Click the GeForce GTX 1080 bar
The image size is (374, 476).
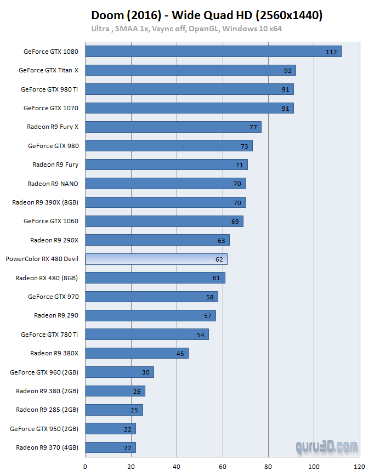coord(213,52)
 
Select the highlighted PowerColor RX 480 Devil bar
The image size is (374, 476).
coord(156,259)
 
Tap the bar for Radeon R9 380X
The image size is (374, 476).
coord(137,353)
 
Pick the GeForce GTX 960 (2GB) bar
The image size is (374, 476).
coord(120,372)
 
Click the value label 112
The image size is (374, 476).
coord(331,52)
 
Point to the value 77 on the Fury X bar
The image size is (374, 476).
coord(253,127)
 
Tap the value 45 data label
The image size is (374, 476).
coord(180,354)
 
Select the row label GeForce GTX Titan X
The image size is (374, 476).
coord(48,70)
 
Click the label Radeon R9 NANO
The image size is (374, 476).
coord(53,184)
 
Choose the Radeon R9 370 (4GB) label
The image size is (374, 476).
coord(47,447)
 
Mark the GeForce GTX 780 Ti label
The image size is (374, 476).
coord(49,335)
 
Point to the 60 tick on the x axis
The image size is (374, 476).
coord(222,467)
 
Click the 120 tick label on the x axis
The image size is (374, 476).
coord(359,467)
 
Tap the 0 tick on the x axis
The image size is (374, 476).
coord(85,467)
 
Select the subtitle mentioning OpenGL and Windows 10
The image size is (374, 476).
coord(186,29)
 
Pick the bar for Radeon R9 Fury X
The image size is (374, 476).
coord(173,127)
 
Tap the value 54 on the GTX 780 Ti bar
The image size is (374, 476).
coord(201,335)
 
